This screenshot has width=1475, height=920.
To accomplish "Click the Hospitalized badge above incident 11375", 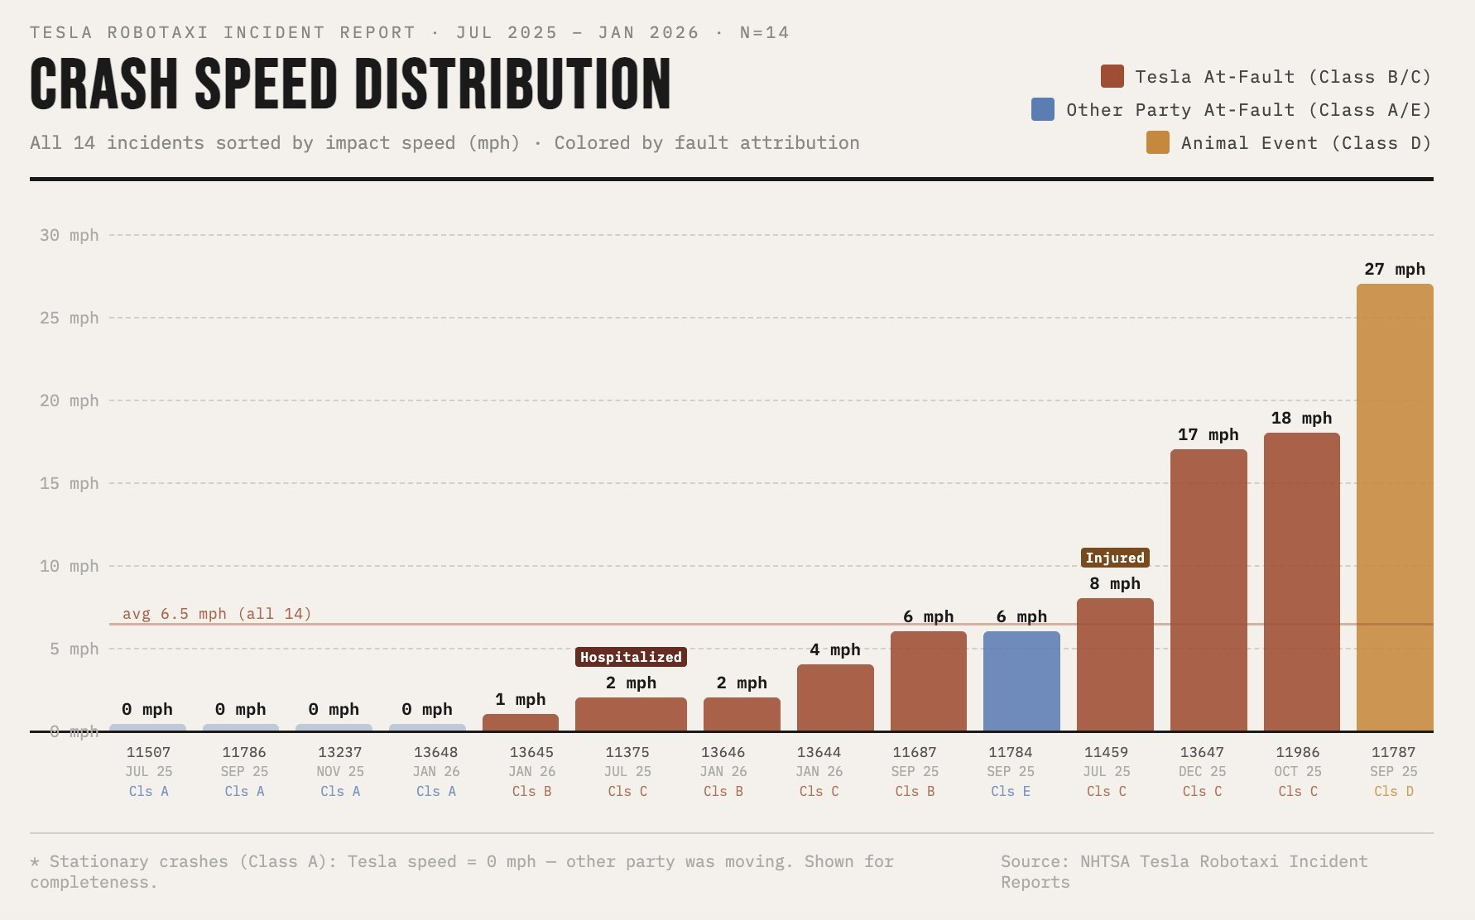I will pyautogui.click(x=631, y=657).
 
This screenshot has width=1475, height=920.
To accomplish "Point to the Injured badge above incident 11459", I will pyautogui.click(x=1115, y=558).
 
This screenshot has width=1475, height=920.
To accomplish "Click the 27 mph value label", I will pyautogui.click(x=1395, y=269).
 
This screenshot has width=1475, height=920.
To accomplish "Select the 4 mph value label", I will pyautogui.click(x=834, y=649).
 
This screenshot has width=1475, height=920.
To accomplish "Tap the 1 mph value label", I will pyautogui.click(x=520, y=699).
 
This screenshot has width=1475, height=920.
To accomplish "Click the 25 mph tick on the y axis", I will pyautogui.click(x=69, y=318).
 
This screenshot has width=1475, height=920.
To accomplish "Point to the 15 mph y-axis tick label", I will pyautogui.click(x=69, y=483).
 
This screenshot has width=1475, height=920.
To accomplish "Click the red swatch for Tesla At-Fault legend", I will pyautogui.click(x=1112, y=76).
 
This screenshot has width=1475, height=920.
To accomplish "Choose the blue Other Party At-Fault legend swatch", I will pyautogui.click(x=1043, y=109).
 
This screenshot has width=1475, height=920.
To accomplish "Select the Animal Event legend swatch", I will pyautogui.click(x=1157, y=142).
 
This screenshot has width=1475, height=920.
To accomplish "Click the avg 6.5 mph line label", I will pyautogui.click(x=217, y=614).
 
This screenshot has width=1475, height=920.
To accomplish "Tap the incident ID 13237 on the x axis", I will pyautogui.click(x=339, y=752).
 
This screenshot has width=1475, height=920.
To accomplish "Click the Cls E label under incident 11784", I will pyautogui.click(x=1010, y=791).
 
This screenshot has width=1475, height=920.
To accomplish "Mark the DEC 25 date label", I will pyautogui.click(x=1202, y=771).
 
